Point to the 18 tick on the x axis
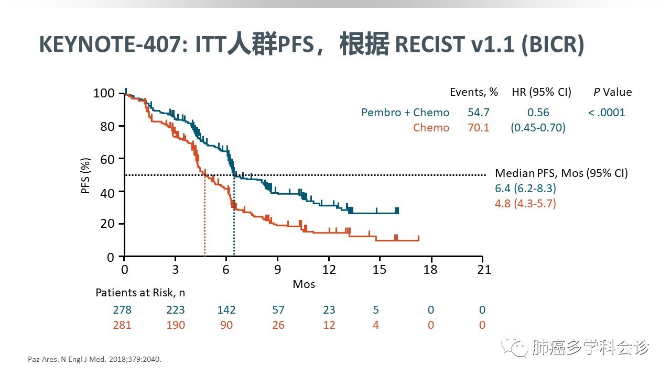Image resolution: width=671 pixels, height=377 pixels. pyautogui.click(x=431, y=269)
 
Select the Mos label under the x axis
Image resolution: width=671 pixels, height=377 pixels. pyautogui.click(x=304, y=284)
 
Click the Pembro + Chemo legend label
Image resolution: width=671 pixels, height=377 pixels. pyautogui.click(x=405, y=113)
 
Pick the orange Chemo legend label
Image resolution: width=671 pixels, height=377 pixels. pyautogui.click(x=431, y=128)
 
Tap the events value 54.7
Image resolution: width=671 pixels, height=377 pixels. pyautogui.click(x=478, y=113)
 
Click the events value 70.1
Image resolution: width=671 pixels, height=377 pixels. pyautogui.click(x=478, y=128)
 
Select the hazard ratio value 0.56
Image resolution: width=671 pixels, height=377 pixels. pyautogui.click(x=538, y=113)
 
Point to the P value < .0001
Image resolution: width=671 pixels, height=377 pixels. pyautogui.click(x=607, y=113)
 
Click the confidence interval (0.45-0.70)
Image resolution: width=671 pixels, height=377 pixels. pyautogui.click(x=538, y=128)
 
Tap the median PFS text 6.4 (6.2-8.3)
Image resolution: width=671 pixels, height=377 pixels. pyautogui.click(x=525, y=188)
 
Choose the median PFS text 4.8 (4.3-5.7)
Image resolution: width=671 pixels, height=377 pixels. pyautogui.click(x=525, y=203)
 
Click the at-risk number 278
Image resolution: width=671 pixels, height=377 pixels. pyautogui.click(x=122, y=310)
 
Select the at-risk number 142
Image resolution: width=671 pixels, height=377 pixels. pyautogui.click(x=226, y=310)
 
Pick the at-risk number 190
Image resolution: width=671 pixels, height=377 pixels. pyautogui.click(x=175, y=325)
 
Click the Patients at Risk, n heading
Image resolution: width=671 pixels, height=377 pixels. pyautogui.click(x=140, y=293)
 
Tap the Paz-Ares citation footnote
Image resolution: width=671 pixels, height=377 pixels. pyautogui.click(x=94, y=360)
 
